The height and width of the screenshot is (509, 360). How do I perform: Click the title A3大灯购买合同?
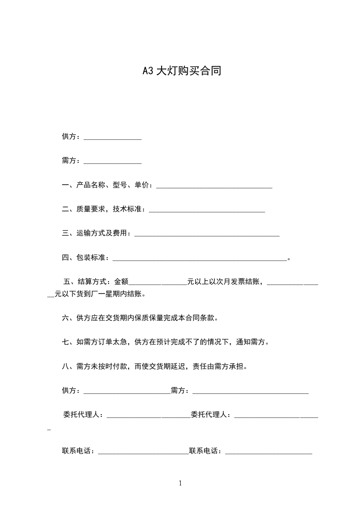point(182,71)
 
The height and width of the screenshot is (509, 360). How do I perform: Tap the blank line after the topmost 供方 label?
point(113,137)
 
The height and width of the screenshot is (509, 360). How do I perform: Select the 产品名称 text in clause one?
point(91,185)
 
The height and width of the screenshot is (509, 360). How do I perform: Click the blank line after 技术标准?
point(207,210)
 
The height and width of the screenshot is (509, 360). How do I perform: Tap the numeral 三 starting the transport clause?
point(65,234)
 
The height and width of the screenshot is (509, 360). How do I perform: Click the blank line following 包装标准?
point(199,258)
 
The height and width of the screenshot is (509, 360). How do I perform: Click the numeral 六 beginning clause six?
point(65,318)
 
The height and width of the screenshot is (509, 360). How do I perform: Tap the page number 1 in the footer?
point(180,483)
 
